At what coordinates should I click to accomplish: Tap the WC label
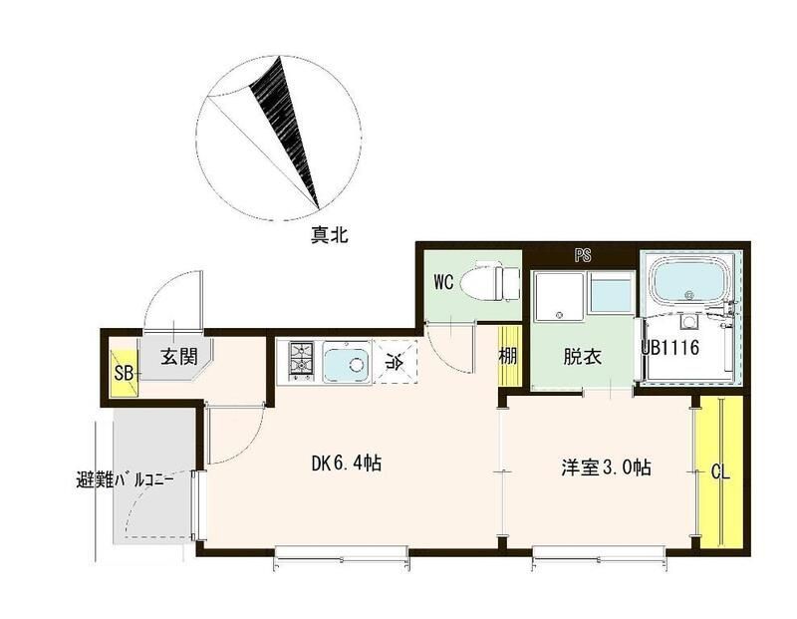[x=443, y=282]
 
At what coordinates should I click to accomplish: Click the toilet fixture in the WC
[x=494, y=281]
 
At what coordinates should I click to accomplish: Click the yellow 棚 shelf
[x=508, y=357]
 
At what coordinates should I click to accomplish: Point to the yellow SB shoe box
[x=124, y=374]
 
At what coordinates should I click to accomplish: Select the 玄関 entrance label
[x=181, y=356]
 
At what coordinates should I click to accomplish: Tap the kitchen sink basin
[x=345, y=363]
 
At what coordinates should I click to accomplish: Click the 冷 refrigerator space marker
[x=393, y=363]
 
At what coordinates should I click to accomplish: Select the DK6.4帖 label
[x=348, y=464]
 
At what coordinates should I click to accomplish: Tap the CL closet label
[x=719, y=474]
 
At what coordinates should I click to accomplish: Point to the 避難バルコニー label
[x=126, y=478]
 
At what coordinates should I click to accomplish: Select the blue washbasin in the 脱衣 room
[x=610, y=296]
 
